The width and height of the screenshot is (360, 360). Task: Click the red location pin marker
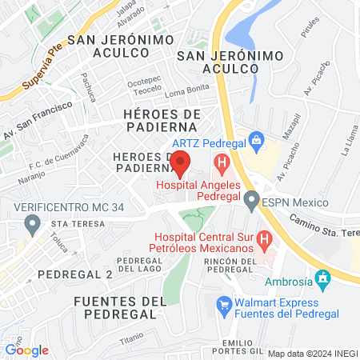click(x=180, y=162)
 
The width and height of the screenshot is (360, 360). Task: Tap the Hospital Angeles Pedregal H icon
click(x=221, y=166)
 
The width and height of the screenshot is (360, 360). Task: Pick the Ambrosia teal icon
click(x=323, y=281)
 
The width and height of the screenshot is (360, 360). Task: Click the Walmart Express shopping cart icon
click(x=224, y=304)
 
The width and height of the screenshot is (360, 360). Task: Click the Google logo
click(x=26, y=350)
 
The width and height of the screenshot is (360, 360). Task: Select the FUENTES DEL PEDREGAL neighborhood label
click(x=120, y=308)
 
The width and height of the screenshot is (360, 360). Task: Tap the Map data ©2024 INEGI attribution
click(x=311, y=353)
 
